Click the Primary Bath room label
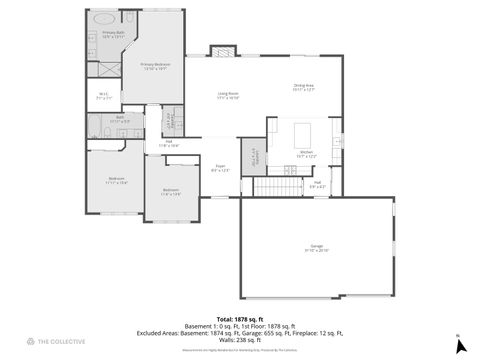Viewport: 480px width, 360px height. pos(113,34)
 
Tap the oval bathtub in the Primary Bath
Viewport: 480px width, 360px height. pos(104,18)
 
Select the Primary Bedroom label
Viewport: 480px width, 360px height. pos(154,67)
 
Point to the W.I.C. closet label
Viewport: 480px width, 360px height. pos(102,97)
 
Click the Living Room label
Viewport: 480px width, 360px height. pos(229,96)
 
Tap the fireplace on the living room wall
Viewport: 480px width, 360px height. pos(221,51)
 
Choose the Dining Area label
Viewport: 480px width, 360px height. pos(304,87)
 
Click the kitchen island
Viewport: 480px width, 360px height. pos(307,134)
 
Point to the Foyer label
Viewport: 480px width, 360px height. pos(220,168)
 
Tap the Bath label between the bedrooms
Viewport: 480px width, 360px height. pos(119,119)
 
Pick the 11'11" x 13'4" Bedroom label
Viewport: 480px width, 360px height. pos(117,181)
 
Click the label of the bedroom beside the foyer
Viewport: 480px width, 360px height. pos(171,192)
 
